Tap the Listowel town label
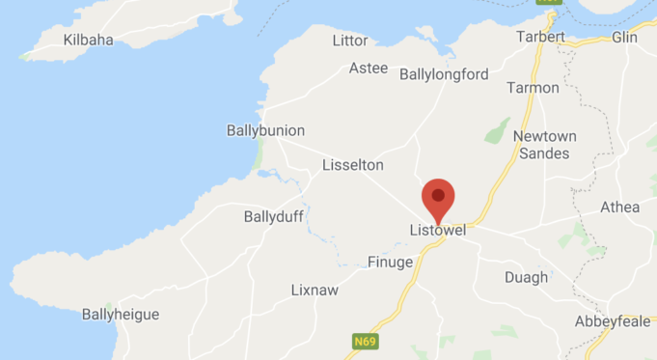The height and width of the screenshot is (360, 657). click(438, 232)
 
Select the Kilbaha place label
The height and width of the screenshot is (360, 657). click(88, 40)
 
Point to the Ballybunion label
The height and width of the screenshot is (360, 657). click(265, 130)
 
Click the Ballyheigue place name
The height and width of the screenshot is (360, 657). click(121, 315)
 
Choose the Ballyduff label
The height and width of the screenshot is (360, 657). click(275, 217)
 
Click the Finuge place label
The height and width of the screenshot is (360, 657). click(390, 262)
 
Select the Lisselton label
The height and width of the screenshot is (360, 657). click(353, 165)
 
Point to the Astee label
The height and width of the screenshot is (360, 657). click(369, 69)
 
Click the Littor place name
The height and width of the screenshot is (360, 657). click(350, 40)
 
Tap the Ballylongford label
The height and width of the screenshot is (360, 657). click(444, 74)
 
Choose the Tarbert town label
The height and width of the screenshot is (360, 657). click(540, 37)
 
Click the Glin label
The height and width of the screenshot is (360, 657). click(625, 37)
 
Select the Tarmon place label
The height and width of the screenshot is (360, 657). click(534, 88)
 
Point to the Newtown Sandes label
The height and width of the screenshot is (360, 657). click(545, 145)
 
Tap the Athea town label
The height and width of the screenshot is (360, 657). click(619, 207)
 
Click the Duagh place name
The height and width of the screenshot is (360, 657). click(526, 277)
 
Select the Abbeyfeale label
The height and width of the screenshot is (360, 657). click(613, 321)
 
